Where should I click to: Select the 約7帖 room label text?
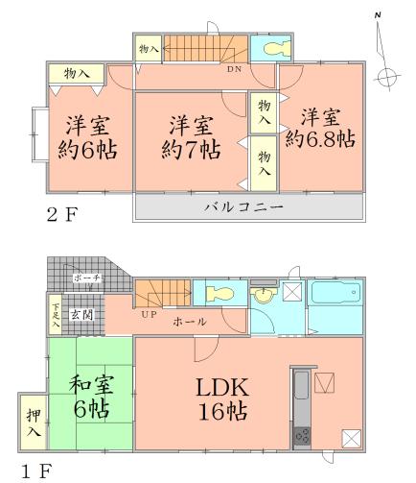[x=192, y=150]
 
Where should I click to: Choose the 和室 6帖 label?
[x=87, y=401]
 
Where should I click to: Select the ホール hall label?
[x=187, y=324]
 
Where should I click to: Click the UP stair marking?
[x=148, y=314]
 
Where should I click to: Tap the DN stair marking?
[x=233, y=69]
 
